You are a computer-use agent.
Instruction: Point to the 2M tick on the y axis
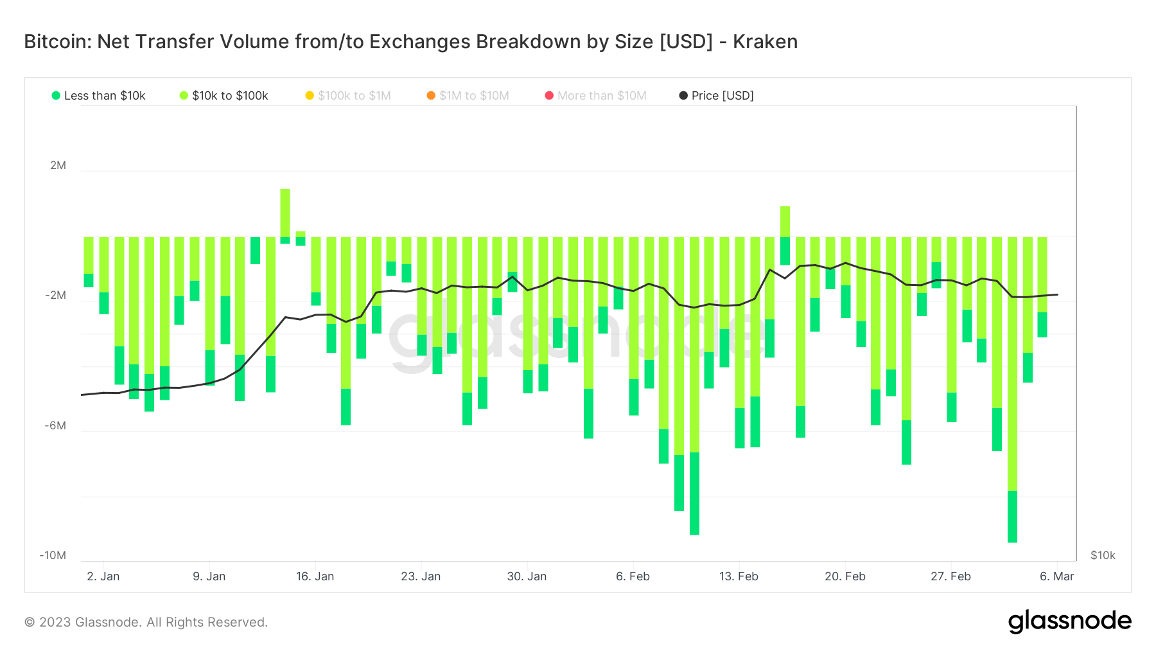click(58, 165)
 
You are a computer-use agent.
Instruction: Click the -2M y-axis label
click(56, 296)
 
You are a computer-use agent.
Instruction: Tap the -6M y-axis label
click(56, 425)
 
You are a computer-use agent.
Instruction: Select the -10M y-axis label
click(53, 555)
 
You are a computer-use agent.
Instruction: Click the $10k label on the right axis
click(1103, 555)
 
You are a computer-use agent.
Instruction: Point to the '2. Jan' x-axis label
click(103, 576)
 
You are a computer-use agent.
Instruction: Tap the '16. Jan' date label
click(315, 576)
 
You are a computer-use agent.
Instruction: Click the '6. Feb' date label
click(633, 576)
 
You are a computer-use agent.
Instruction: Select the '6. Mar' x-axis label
click(1056, 576)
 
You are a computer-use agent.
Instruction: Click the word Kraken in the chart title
click(765, 42)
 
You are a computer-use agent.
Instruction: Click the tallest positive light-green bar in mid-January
click(285, 213)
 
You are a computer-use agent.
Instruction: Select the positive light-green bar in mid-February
click(785, 222)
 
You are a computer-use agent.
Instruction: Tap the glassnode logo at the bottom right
click(1069, 621)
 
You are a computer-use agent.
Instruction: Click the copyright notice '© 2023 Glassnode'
click(146, 622)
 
